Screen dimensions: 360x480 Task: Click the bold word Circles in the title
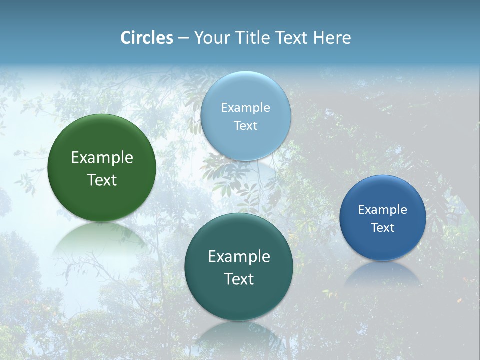[146, 38]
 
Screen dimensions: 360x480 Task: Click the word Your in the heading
[210, 38]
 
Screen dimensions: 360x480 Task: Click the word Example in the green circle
[102, 158]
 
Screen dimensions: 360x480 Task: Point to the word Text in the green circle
[102, 180]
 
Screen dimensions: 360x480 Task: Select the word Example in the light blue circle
[245, 108]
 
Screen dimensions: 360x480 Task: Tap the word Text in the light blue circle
[245, 126]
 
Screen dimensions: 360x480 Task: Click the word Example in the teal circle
[239, 257]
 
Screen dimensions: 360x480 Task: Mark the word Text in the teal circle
[239, 279]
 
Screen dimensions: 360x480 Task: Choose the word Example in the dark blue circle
[382, 210]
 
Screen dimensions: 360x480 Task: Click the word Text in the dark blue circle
[382, 228]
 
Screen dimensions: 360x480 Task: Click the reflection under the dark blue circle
[383, 275]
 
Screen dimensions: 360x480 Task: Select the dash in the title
[183, 38]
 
